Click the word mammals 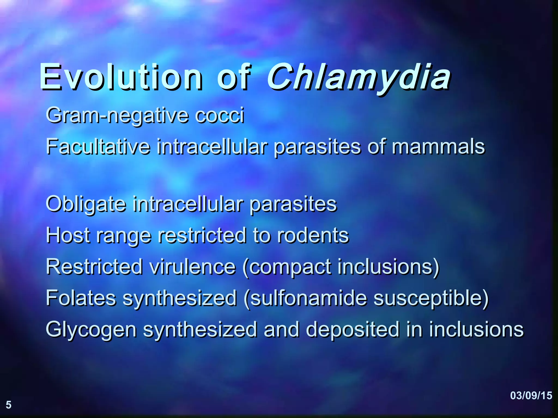tap(438, 147)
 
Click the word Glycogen tap(91, 330)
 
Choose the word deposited tap(353, 330)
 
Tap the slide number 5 tap(9, 405)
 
